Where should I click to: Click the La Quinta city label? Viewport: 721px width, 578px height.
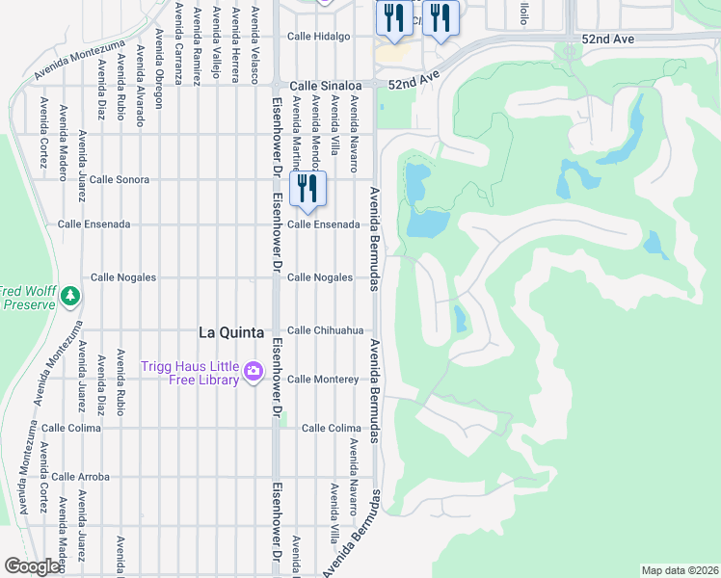[x=230, y=332]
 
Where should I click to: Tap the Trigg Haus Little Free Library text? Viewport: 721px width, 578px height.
[x=189, y=373]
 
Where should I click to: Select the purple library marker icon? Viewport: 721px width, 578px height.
[x=254, y=371]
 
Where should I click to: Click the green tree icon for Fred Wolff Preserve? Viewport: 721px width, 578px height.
[x=69, y=297]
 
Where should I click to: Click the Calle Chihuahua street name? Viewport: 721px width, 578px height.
[x=325, y=330]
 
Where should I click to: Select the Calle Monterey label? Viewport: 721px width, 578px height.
[x=323, y=380]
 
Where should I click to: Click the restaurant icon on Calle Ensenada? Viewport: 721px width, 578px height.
[x=307, y=189]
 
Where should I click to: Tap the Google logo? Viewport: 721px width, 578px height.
[x=33, y=566]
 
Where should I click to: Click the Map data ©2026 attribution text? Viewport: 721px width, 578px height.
[x=679, y=570]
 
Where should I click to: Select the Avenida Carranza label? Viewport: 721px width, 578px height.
[x=178, y=39]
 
